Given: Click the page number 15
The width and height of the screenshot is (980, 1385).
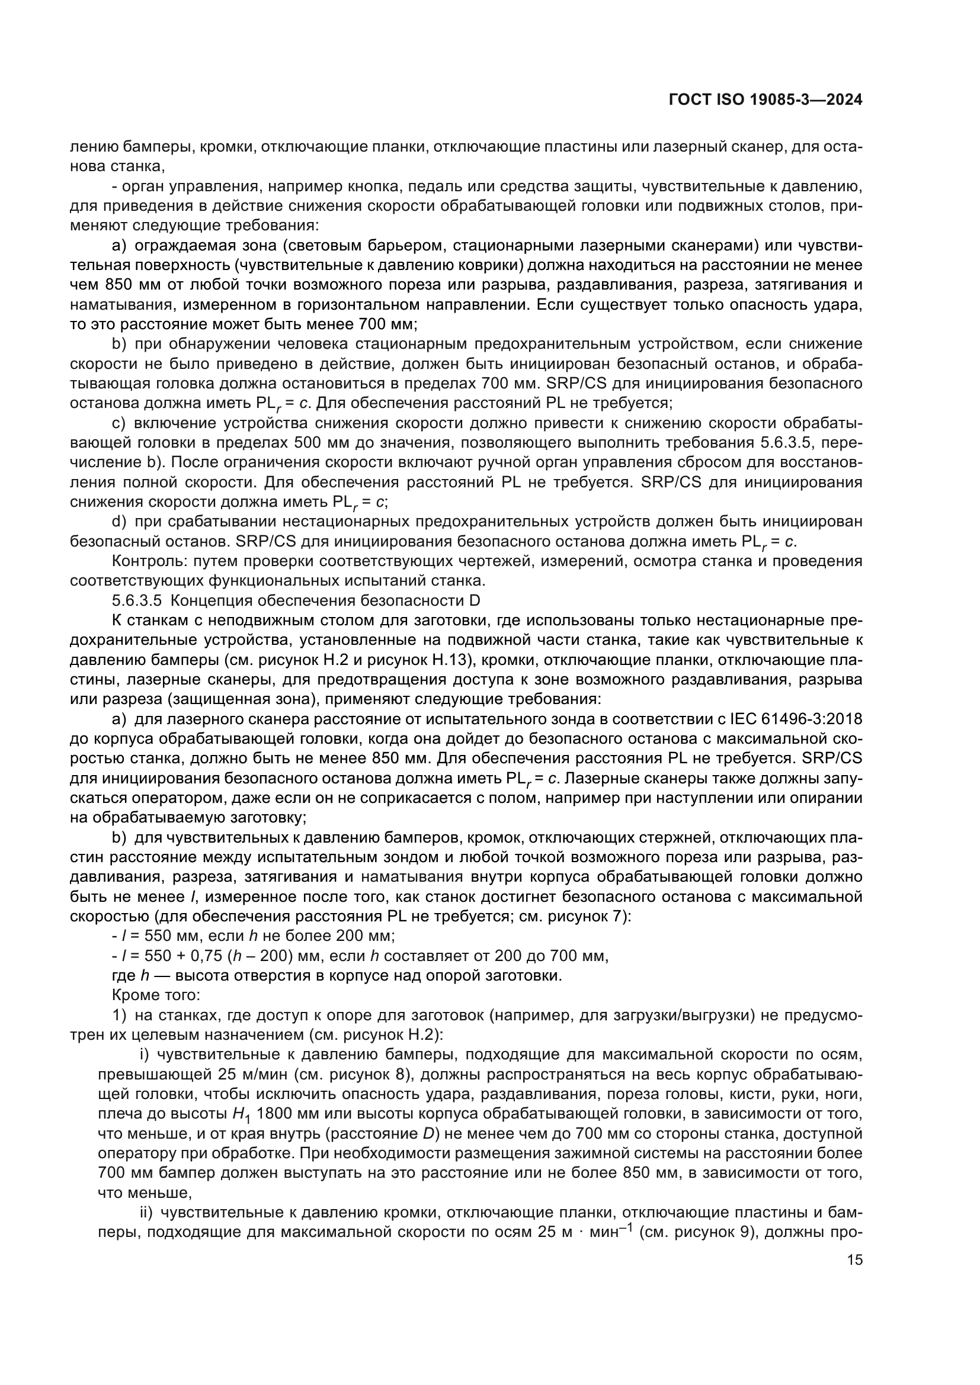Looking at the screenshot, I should [854, 1277].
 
